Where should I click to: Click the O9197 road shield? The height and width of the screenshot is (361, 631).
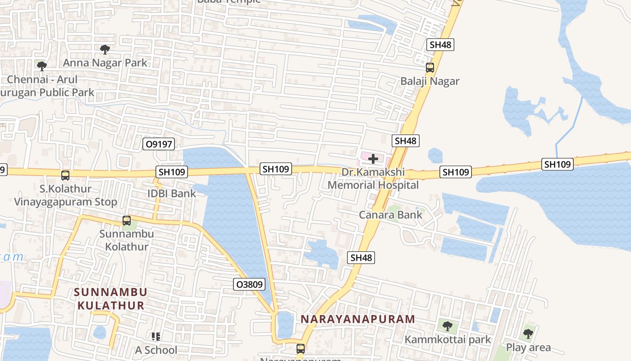coord(158,144)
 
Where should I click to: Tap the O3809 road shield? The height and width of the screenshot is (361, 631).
coord(249,284)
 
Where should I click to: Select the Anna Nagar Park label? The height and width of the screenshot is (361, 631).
coord(105,62)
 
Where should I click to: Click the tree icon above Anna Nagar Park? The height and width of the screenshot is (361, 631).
coord(105,49)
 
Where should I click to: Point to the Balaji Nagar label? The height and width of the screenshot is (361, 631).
coord(430,81)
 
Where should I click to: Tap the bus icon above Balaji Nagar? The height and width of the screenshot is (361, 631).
coord(430,68)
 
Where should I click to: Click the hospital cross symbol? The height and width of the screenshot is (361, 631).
coord(373,159)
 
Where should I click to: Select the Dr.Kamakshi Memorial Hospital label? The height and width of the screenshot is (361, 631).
coord(373,179)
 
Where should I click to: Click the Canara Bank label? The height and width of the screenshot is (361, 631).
coord(390,215)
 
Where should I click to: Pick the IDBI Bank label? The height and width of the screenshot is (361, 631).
coord(172,194)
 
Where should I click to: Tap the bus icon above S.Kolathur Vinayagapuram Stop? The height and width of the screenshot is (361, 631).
coord(65,176)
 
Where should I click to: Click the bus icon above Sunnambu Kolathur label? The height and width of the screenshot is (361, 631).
coord(127,221)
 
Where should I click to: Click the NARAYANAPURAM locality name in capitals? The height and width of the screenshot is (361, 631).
coord(357,319)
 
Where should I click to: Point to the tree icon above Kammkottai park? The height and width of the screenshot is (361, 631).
coord(447,326)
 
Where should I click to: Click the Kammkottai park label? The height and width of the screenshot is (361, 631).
coord(448,339)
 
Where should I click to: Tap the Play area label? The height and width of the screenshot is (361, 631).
coord(528,347)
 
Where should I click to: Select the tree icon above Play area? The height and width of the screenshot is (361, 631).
coord(528,334)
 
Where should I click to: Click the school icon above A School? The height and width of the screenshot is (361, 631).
coord(156,337)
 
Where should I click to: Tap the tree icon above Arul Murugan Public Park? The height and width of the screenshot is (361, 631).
coord(41,66)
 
